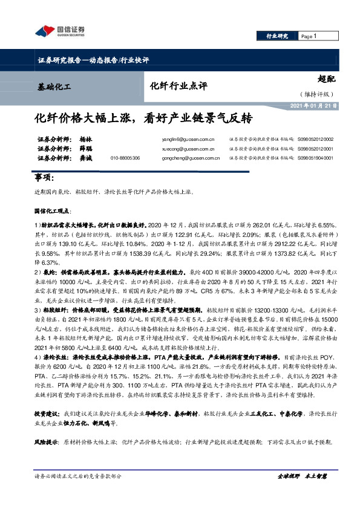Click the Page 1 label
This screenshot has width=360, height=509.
309,36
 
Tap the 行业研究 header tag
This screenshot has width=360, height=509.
277,36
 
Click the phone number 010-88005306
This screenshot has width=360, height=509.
125,157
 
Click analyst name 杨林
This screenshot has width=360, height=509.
85,138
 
